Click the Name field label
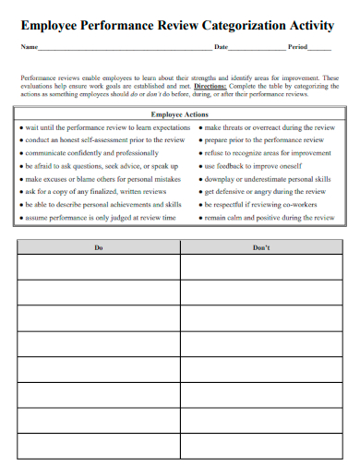[28, 46]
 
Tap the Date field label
[221, 46]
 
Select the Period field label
[297, 46]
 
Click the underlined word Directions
[214, 86]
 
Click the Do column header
[99, 248]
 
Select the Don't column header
[261, 248]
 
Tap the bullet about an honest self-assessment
[105, 139]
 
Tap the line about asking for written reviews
[96, 191]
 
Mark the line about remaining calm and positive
[269, 218]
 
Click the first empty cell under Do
[99, 267]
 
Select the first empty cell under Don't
[261, 267]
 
